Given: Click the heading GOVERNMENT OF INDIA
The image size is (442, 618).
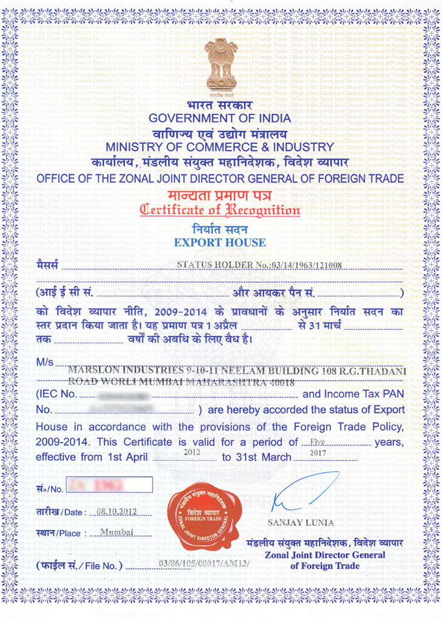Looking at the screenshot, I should (x=220, y=118).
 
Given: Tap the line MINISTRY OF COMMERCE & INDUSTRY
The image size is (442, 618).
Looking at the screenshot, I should (x=220, y=147).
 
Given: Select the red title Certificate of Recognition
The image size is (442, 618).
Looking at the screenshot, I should (x=220, y=211).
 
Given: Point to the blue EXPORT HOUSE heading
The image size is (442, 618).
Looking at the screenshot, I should (x=220, y=243).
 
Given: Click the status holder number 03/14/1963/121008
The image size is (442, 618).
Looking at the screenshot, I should (x=259, y=265).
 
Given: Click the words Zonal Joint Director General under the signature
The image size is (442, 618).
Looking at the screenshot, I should (x=325, y=555).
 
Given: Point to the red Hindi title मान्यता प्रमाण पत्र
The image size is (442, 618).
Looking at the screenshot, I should (x=220, y=196).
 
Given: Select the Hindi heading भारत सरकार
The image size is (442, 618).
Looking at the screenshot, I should (x=220, y=106).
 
